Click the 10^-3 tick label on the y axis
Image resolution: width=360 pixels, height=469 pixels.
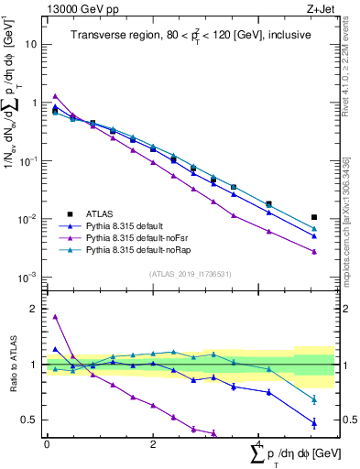pyautogui.click(x=29, y=278)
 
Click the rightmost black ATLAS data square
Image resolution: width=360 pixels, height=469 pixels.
pyautogui.click(x=314, y=218)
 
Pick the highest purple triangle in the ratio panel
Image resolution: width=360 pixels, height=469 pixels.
pyautogui.click(x=56, y=317)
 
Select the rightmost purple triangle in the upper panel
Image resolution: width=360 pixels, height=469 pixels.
pyautogui.click(x=314, y=252)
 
